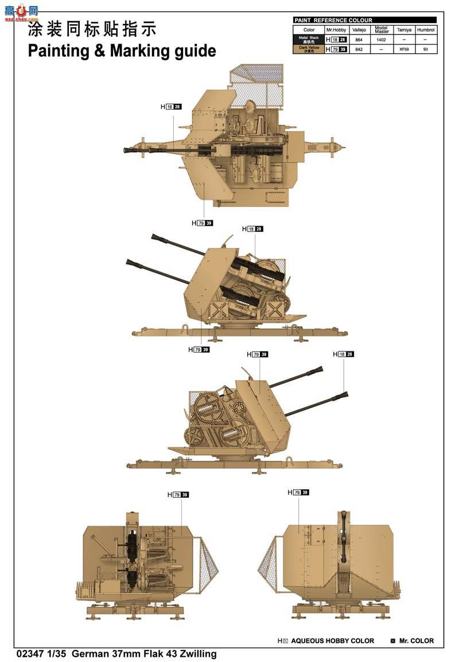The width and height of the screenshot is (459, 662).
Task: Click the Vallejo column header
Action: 359,30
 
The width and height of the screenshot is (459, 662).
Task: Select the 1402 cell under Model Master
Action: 382,40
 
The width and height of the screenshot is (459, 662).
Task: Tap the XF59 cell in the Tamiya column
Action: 405,49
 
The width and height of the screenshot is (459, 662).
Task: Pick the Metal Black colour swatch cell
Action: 309,40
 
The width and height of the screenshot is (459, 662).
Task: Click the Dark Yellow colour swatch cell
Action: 309,49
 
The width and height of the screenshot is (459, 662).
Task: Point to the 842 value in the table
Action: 359,49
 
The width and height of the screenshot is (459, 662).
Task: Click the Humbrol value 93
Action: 425,49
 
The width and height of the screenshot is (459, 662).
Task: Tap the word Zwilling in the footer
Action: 196,653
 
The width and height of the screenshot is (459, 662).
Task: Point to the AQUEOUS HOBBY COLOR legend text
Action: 332,641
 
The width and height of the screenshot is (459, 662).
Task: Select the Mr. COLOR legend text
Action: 417,641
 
